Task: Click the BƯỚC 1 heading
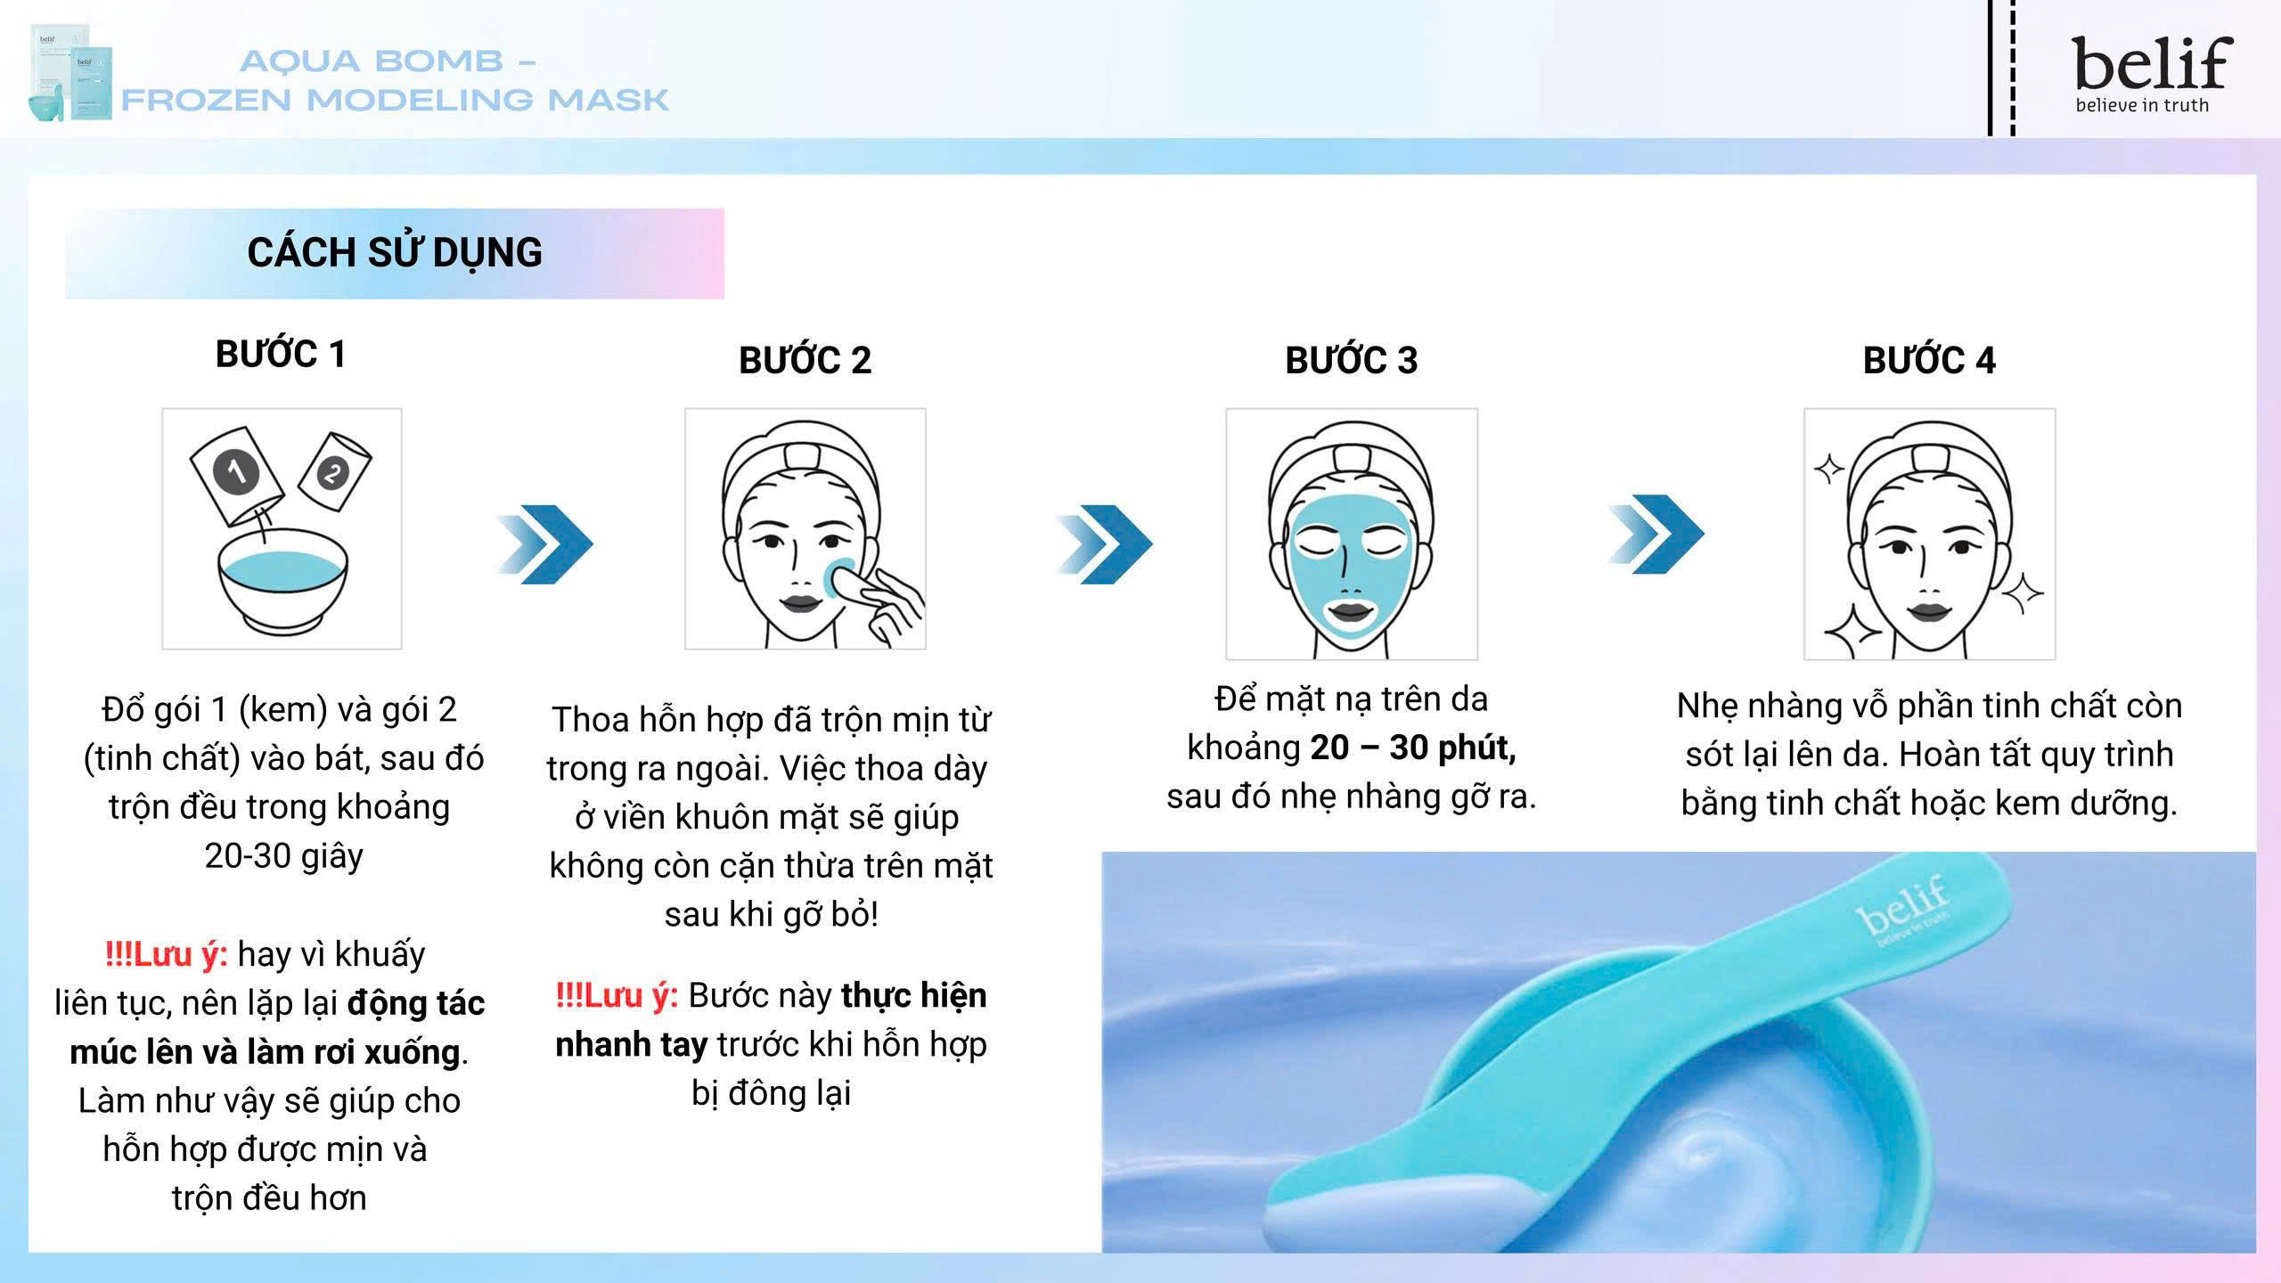[x=281, y=355]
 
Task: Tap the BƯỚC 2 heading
[x=805, y=360]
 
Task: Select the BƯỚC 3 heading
[x=1351, y=360]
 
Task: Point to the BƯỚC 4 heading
[x=1929, y=360]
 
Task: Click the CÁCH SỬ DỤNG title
[x=395, y=253]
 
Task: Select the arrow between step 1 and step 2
[x=545, y=544]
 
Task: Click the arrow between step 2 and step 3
[x=1105, y=544]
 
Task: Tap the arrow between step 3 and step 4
[x=1656, y=535]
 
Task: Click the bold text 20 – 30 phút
[x=1413, y=748]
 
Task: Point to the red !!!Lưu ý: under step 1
[x=166, y=954]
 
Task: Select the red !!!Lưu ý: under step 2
[x=617, y=995]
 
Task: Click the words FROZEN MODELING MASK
[x=395, y=100]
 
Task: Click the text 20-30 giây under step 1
[x=283, y=855]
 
